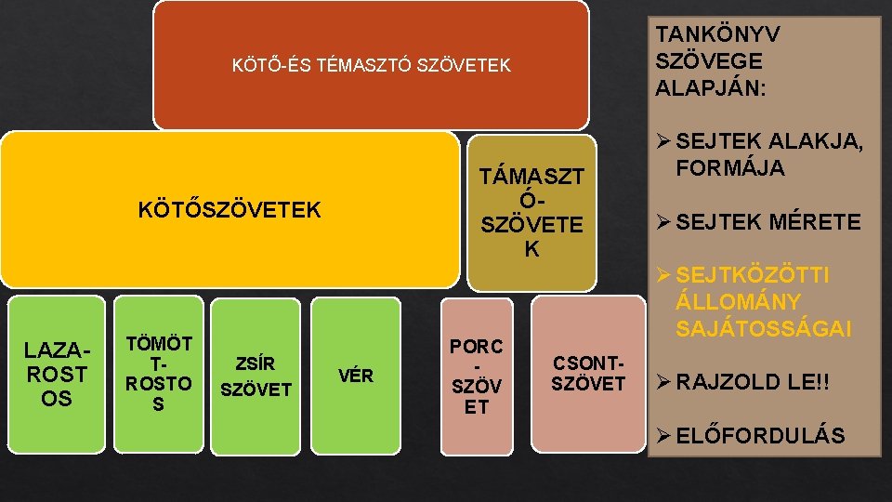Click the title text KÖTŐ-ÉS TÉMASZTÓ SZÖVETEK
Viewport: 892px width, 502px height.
[371, 65]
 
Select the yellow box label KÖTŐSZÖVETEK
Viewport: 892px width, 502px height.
[229, 210]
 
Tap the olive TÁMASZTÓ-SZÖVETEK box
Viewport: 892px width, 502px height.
[531, 212]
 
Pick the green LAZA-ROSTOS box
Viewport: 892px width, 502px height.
[56, 375]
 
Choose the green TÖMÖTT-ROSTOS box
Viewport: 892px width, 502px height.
[158, 375]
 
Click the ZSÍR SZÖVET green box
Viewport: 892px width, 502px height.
[256, 376]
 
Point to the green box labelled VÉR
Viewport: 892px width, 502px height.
[355, 376]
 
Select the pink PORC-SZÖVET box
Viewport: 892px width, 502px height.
[476, 376]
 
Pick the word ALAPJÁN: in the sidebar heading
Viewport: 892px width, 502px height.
[710, 88]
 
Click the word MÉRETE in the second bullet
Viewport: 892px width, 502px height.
[814, 222]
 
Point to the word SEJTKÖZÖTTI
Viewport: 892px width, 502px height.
[754, 276]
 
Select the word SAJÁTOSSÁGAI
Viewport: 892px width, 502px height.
[763, 328]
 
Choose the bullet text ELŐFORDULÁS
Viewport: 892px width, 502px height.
[761, 435]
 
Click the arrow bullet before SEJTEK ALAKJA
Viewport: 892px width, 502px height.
[663, 142]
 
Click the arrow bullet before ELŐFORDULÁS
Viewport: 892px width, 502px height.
[663, 435]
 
